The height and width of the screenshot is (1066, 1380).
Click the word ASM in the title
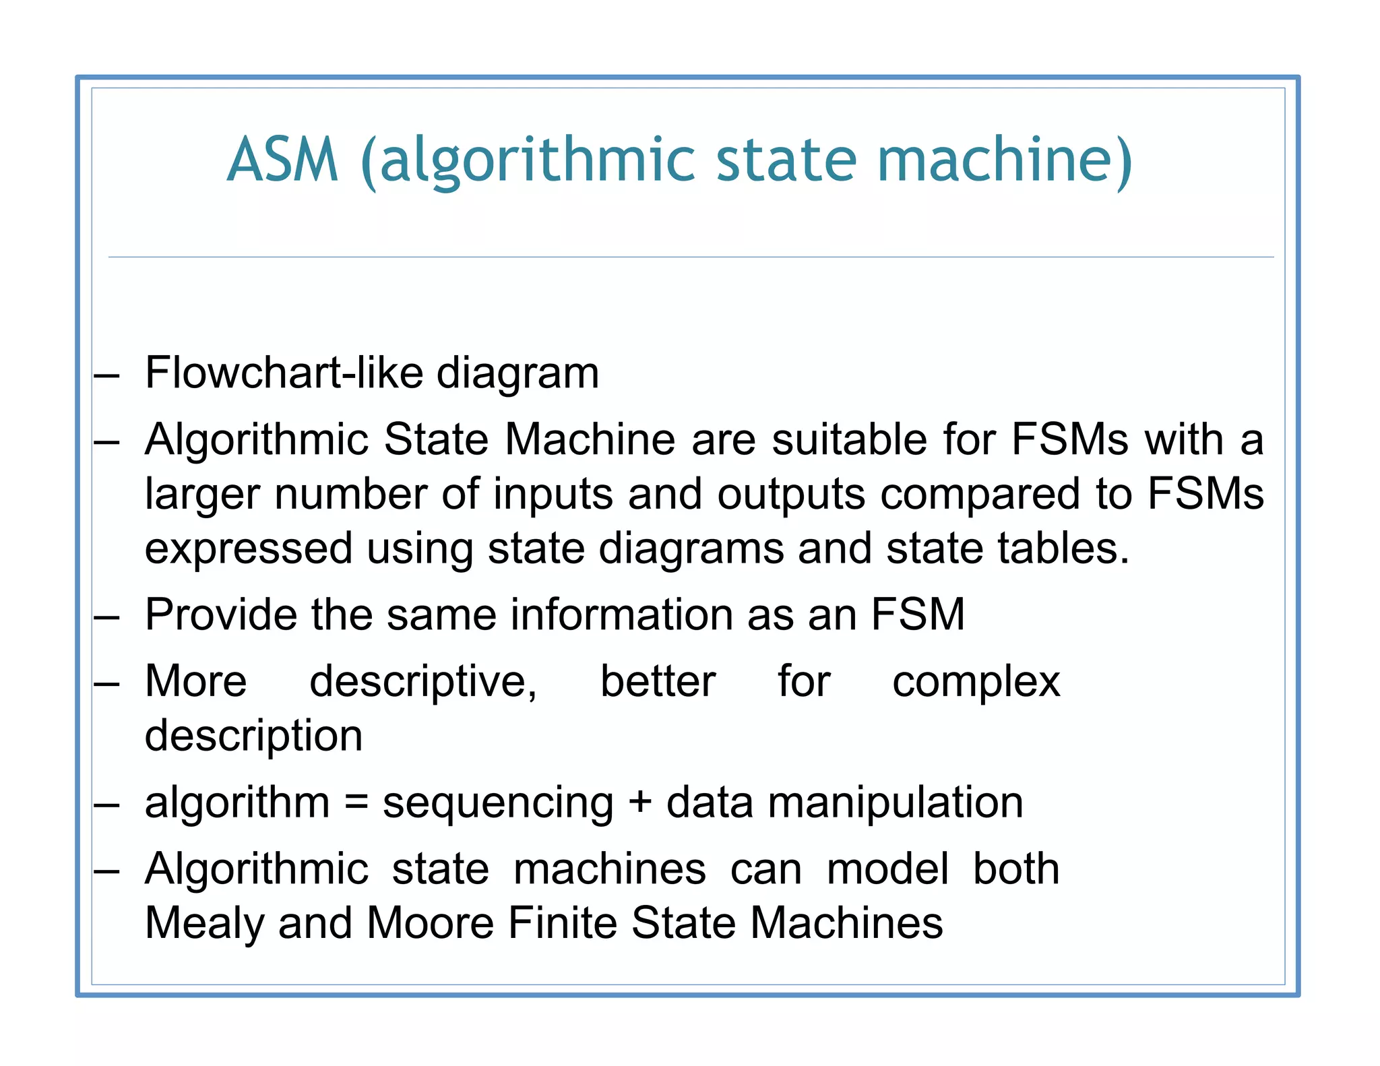pos(282,160)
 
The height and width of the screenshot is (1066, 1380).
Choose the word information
pos(621,614)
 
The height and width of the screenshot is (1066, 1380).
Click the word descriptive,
pos(422,682)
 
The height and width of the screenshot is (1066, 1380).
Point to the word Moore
pos(431,922)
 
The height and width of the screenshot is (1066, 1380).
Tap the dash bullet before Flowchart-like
pos(107,375)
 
